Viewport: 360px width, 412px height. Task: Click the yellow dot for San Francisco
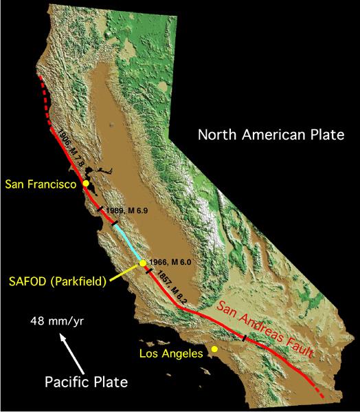(x=85, y=184)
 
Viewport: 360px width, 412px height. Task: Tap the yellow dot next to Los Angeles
(x=215, y=349)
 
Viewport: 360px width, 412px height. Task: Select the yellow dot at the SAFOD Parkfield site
(x=142, y=263)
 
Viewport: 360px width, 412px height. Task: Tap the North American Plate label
(x=271, y=135)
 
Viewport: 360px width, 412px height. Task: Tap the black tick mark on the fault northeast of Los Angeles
(x=245, y=337)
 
